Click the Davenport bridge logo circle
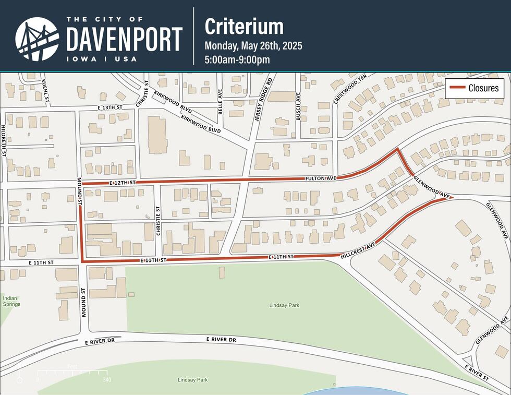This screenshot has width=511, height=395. [37, 38]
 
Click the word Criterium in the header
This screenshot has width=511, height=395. [244, 26]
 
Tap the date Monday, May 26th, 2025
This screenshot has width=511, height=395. [253, 45]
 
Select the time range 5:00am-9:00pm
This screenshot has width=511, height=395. [237, 59]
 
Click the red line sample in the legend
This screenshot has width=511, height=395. [457, 88]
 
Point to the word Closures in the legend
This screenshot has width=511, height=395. [483, 88]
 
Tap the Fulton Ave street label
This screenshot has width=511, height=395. [320, 178]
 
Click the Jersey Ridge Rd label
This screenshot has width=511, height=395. [264, 101]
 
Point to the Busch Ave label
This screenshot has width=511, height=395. [299, 106]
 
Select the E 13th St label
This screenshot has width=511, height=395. [110, 107]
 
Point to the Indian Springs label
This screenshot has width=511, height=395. [11, 301]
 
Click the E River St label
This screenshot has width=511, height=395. [478, 372]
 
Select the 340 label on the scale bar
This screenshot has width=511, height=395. [107, 379]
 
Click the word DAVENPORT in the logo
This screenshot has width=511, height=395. [124, 39]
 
